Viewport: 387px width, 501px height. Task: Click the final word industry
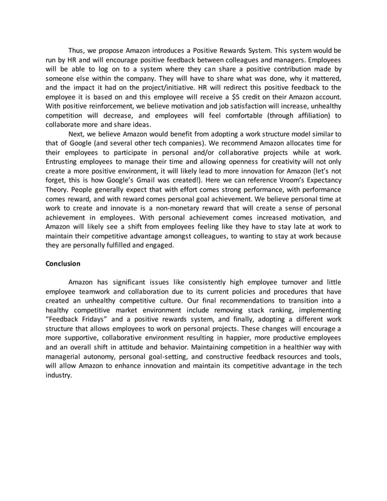(x=58, y=375)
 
